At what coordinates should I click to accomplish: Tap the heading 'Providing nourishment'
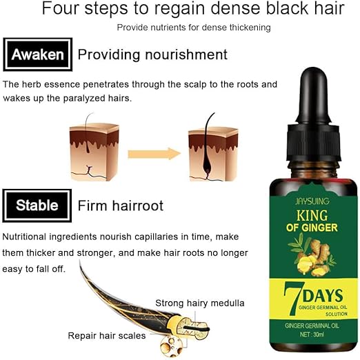click(152, 54)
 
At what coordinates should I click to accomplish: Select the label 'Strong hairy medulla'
click(199, 303)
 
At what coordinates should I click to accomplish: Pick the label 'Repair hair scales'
click(106, 336)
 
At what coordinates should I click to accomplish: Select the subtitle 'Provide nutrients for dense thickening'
click(193, 27)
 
